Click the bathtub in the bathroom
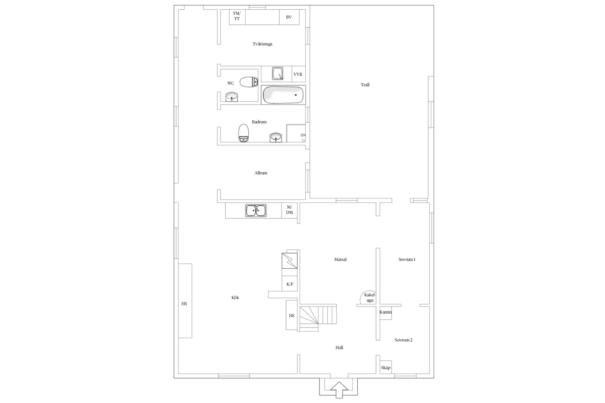[x=283, y=95]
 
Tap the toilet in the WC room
[x=249, y=82]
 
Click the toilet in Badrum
[x=244, y=133]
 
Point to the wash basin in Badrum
[x=276, y=137]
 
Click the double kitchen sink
[x=256, y=210]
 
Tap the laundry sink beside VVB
[x=278, y=73]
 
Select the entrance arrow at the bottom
[x=339, y=390]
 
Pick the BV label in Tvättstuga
[x=289, y=17]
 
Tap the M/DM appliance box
[x=289, y=210]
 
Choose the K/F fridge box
[x=290, y=284]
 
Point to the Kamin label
[x=386, y=312]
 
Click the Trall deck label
[x=365, y=85]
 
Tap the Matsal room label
[x=340, y=260]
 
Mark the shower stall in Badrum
[x=296, y=133]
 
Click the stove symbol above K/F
[x=290, y=261]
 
